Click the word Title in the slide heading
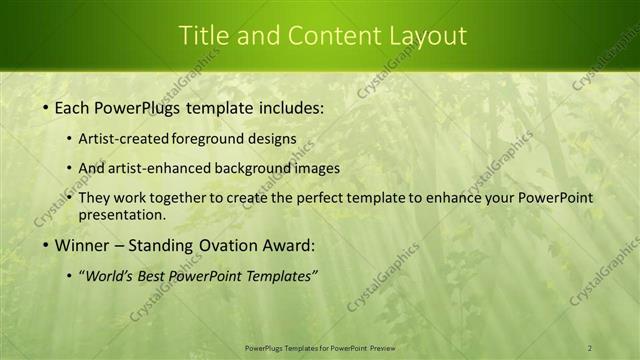[201, 35]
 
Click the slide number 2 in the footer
[590, 347]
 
